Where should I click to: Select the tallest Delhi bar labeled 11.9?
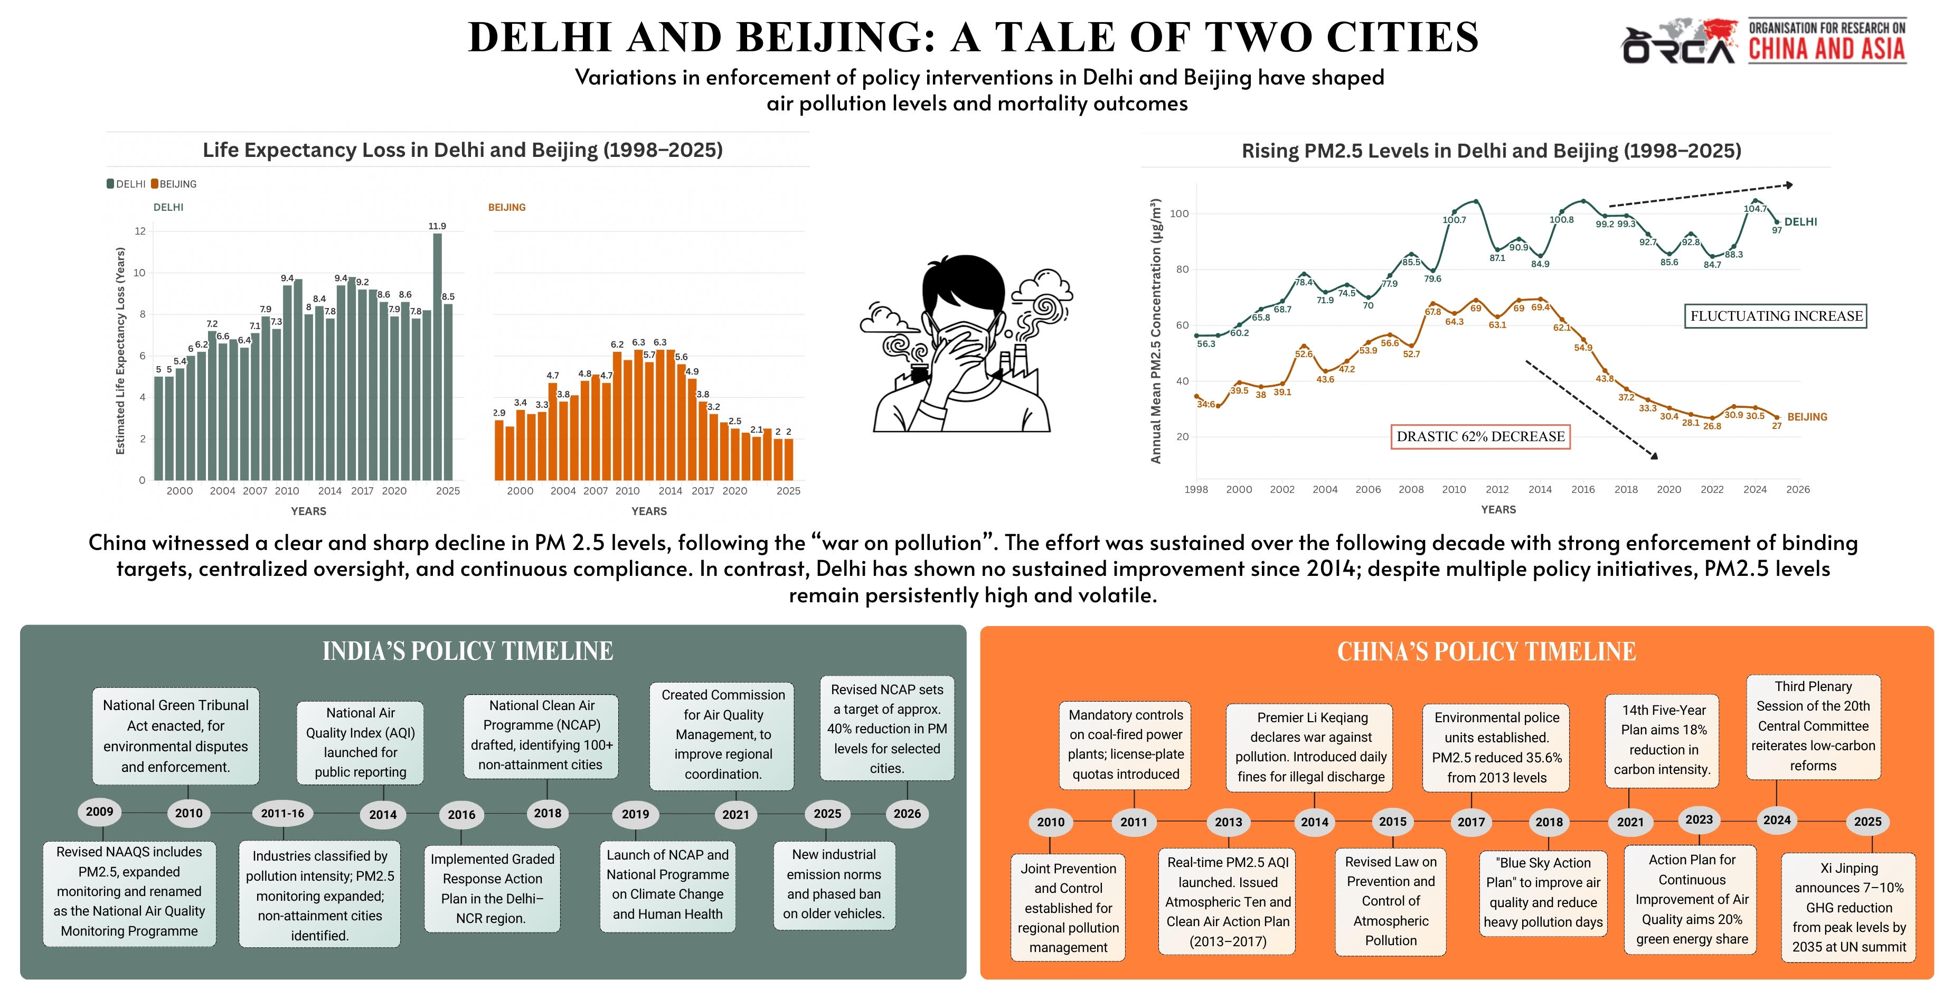438,357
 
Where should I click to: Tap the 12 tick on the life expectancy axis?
140,230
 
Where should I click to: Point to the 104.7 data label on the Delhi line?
1755,209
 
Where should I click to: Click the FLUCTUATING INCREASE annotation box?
1776,316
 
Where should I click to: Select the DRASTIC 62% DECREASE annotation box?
1480,437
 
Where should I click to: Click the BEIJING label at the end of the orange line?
1807,417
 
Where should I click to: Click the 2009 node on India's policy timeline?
99,812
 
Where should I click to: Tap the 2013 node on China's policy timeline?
1228,822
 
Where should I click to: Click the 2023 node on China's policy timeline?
1699,820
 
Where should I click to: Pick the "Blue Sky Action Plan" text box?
1543,892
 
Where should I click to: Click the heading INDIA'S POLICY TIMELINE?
468,651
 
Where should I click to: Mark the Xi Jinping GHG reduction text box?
1848,908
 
